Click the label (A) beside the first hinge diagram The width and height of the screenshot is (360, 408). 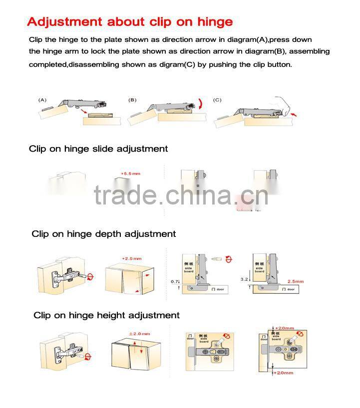pos(43,100)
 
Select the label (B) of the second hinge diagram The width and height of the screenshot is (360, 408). pos(132,100)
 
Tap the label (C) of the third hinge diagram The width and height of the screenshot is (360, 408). pos(217,100)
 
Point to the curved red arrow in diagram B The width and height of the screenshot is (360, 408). pos(200,104)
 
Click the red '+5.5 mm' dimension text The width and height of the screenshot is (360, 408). pos(131,174)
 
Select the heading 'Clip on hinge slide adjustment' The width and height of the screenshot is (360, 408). pos(98,149)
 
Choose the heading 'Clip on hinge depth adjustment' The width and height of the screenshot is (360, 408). pos(104,234)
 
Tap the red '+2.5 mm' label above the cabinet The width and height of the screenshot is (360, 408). pos(132,259)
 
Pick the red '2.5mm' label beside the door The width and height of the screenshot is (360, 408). pos(295,282)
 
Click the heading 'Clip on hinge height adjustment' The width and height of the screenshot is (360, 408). pos(106,315)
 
